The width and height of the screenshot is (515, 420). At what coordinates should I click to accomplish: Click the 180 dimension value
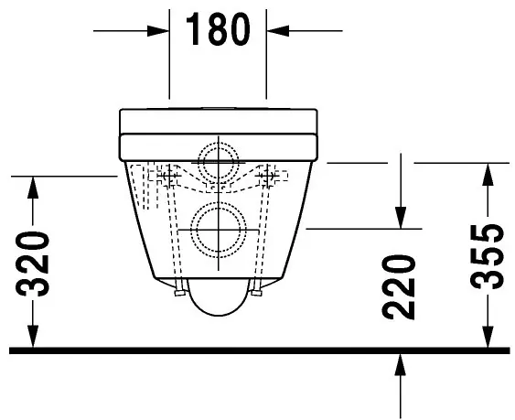pyautogui.click(x=218, y=29)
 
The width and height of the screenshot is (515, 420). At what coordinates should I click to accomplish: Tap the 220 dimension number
pyautogui.click(x=401, y=285)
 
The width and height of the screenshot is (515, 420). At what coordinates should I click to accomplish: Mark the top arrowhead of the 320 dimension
pyautogui.click(x=33, y=184)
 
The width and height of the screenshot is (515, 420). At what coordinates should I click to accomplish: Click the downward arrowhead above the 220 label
pyautogui.click(x=401, y=218)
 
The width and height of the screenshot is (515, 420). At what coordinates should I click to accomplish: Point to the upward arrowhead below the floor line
pyautogui.click(x=401, y=364)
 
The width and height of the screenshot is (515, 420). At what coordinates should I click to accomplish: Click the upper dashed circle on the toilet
pyautogui.click(x=219, y=161)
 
